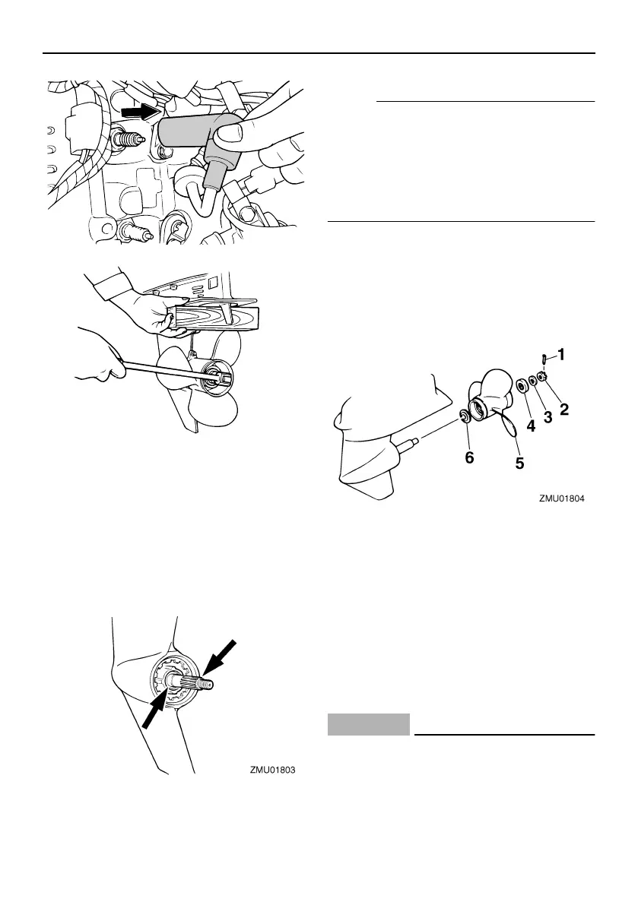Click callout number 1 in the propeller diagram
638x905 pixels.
point(561,354)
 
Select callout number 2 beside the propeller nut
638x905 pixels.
point(564,410)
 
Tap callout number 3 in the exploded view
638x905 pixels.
point(548,418)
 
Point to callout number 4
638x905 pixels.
point(531,427)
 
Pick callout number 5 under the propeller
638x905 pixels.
point(519,461)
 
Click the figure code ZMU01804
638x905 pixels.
point(563,500)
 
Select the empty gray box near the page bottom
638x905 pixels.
point(369,725)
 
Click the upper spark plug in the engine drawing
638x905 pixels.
point(129,141)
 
